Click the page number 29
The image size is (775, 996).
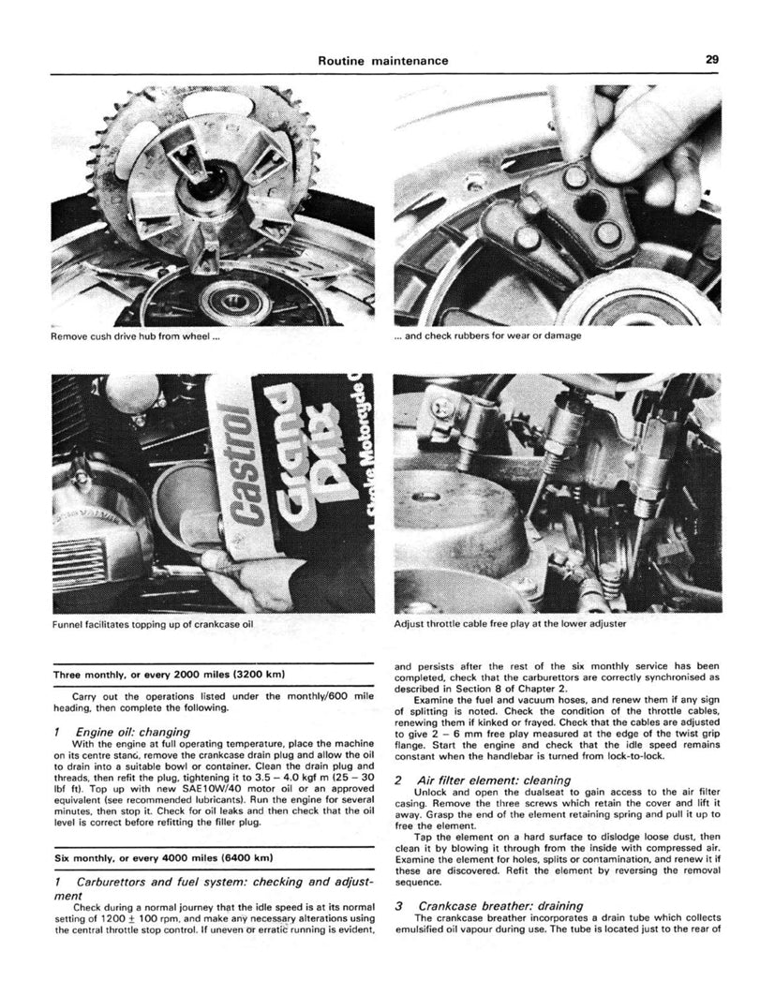pyautogui.click(x=712, y=60)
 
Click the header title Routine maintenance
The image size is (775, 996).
pyautogui.click(x=382, y=61)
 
